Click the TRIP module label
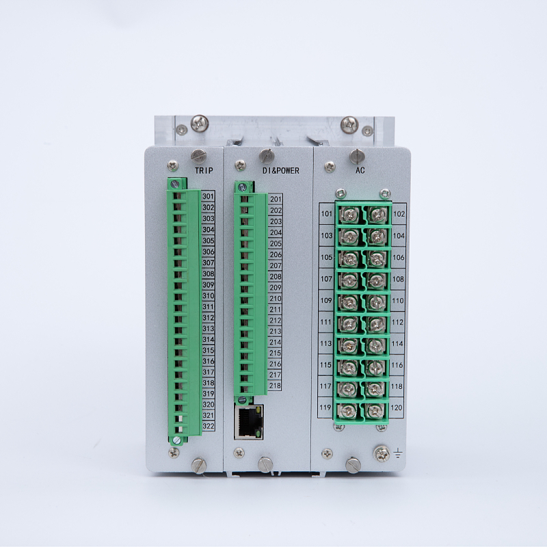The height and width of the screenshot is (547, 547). point(204,170)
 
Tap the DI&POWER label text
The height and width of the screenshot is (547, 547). point(281,170)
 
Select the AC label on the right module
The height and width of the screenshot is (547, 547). point(360,170)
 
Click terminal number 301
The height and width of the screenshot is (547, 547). point(208,196)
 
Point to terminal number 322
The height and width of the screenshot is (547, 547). point(209,426)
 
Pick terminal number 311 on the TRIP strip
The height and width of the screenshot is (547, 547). point(209,306)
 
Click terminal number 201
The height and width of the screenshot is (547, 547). point(276,199)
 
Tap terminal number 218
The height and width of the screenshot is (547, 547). point(275,386)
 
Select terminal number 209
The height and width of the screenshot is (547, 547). point(276,287)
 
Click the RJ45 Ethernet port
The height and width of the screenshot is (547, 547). point(249,421)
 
